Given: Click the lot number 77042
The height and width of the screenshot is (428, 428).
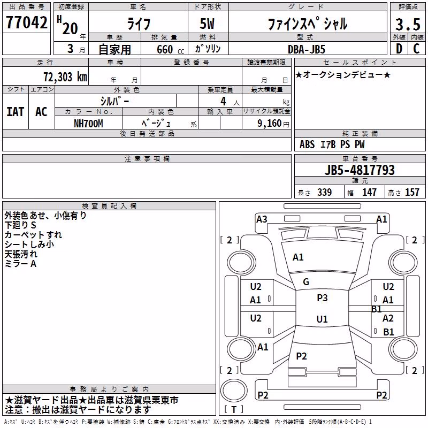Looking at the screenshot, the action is (x=26, y=22).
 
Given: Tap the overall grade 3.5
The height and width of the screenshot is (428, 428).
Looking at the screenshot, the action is (x=408, y=24).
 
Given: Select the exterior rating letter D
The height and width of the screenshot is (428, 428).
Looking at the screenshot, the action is (x=399, y=49).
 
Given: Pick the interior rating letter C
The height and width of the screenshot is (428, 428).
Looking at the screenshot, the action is (x=416, y=49).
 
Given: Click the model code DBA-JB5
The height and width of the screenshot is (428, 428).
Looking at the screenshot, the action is (x=307, y=49).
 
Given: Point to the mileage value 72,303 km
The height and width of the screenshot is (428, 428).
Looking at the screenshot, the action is (x=65, y=77).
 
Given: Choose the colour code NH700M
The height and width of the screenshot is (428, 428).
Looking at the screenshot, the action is (x=88, y=124).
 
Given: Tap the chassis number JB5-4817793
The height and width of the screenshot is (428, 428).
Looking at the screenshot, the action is (x=360, y=170).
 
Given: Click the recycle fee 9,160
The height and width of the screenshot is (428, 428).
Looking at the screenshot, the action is (x=269, y=124).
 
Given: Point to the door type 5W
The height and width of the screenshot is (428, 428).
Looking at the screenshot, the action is (x=207, y=24).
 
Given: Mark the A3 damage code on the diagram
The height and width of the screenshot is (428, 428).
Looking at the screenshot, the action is (x=262, y=219).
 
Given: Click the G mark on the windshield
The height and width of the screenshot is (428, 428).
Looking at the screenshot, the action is (x=306, y=282).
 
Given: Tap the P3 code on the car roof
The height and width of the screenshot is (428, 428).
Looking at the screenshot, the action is (x=322, y=298).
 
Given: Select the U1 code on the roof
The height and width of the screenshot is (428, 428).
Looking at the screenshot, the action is (x=322, y=319).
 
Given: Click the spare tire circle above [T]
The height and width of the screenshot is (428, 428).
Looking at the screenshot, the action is (x=234, y=391).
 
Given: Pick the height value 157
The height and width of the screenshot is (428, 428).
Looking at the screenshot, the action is (x=412, y=192).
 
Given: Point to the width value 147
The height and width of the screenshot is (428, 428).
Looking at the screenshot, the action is (x=369, y=192).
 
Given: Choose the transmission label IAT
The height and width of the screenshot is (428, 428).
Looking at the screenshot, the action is (x=16, y=112).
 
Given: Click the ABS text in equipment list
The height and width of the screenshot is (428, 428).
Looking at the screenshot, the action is (x=307, y=144).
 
